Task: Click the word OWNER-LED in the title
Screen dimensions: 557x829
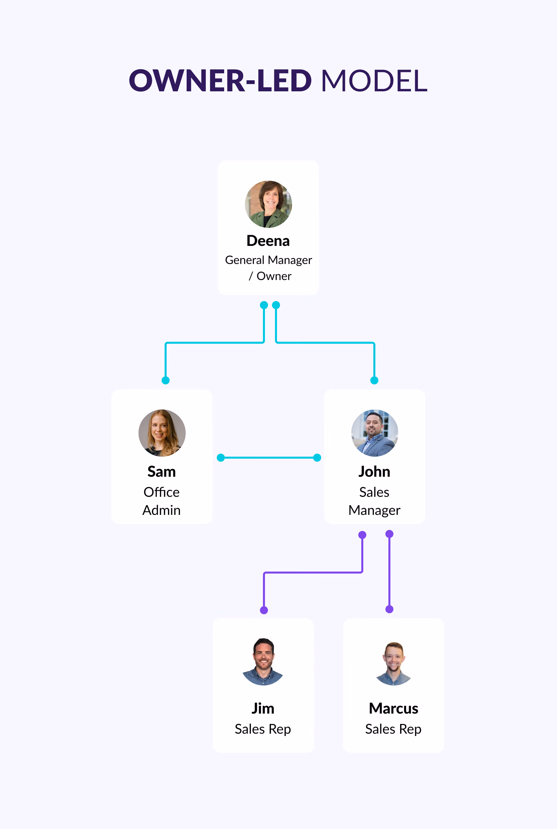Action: click(x=220, y=81)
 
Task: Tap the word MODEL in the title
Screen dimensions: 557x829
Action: click(x=374, y=81)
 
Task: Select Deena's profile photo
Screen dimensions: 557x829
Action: click(x=268, y=204)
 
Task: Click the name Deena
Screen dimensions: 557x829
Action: click(x=268, y=241)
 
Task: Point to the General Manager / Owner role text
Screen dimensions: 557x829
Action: click(x=268, y=268)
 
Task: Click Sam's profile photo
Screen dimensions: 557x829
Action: click(x=162, y=433)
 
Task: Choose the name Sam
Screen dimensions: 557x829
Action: click(x=162, y=472)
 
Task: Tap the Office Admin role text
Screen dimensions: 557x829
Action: click(x=162, y=501)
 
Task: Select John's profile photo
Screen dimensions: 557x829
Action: click(x=375, y=433)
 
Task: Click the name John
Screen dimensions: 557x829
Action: click(x=374, y=472)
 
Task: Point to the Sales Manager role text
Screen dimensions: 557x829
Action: click(x=374, y=501)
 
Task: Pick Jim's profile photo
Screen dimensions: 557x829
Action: click(x=263, y=662)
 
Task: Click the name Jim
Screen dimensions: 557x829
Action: click(x=263, y=709)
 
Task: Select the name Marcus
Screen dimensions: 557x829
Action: click(x=394, y=709)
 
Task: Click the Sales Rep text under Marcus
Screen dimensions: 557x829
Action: click(x=393, y=729)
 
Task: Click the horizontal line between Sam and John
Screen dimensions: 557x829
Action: click(x=269, y=457)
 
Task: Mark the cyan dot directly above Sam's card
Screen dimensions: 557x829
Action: click(x=166, y=380)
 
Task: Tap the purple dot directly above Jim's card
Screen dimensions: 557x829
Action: click(x=264, y=610)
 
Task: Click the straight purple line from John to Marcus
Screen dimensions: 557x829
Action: click(x=389, y=571)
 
